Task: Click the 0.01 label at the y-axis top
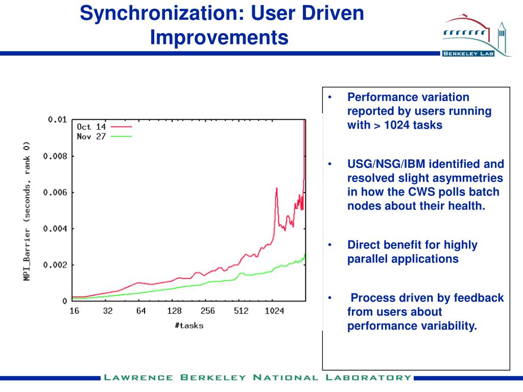click(57, 119)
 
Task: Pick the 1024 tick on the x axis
click(275, 311)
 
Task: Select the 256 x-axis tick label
click(208, 311)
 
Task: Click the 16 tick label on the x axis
click(74, 311)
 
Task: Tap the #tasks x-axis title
click(188, 325)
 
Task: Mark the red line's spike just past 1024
click(276, 188)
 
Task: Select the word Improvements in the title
click(219, 37)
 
